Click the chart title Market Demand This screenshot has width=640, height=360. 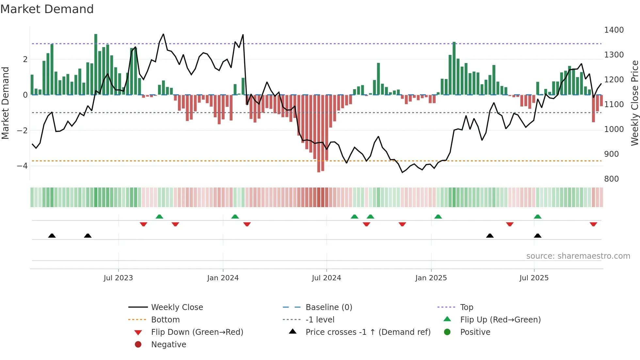click(47, 9)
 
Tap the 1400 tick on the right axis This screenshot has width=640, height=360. click(614, 30)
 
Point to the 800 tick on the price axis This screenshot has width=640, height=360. click(611, 179)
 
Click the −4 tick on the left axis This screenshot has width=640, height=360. click(22, 166)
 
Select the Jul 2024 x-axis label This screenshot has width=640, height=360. click(326, 278)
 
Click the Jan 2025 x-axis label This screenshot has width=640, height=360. click(431, 278)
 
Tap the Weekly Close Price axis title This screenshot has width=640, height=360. click(634, 103)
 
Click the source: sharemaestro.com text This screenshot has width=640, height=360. click(578, 256)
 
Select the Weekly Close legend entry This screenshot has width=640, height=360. click(177, 307)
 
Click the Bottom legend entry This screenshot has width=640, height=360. click(165, 320)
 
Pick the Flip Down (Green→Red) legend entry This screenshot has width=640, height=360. click(197, 332)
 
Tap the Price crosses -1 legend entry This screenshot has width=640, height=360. click(368, 332)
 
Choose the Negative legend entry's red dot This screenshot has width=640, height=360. click(138, 345)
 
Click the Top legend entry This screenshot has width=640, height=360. click(466, 307)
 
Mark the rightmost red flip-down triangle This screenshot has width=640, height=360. click(593, 224)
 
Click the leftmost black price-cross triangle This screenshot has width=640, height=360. click(52, 236)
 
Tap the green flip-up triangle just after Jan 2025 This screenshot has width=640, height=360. click(438, 217)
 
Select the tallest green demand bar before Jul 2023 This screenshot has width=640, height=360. click(96, 64)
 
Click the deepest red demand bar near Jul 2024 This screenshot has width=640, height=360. click(319, 133)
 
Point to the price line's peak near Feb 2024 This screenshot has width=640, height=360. click(243, 35)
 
